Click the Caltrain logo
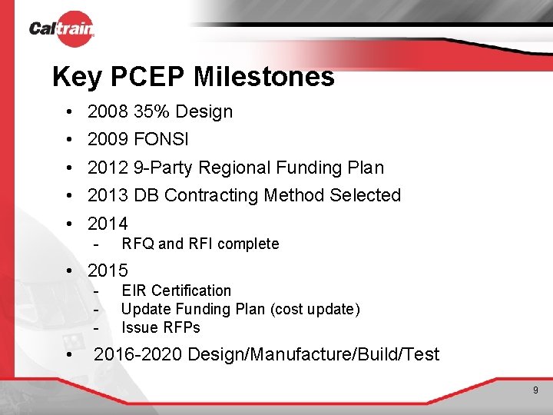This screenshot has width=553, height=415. click(x=61, y=29)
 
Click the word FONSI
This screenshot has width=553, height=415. click(x=161, y=140)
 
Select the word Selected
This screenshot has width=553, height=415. click(x=365, y=195)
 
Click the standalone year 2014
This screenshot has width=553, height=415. click(x=108, y=224)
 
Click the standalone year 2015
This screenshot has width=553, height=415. click(x=108, y=271)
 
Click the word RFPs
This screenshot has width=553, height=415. click(x=181, y=327)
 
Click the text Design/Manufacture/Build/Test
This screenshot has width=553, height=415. click(x=313, y=354)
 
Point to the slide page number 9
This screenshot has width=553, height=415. click(x=536, y=391)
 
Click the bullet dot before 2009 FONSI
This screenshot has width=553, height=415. click(x=69, y=140)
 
